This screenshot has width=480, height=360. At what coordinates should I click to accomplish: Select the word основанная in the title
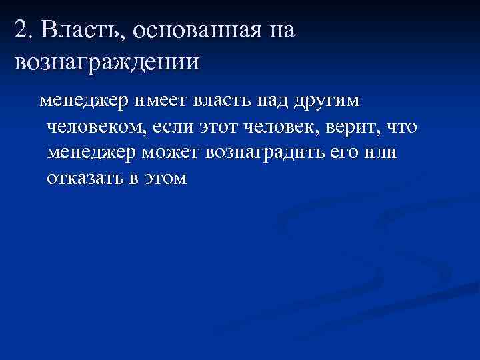coord(189,29)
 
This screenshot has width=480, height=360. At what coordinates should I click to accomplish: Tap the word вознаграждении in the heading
coord(105,61)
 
